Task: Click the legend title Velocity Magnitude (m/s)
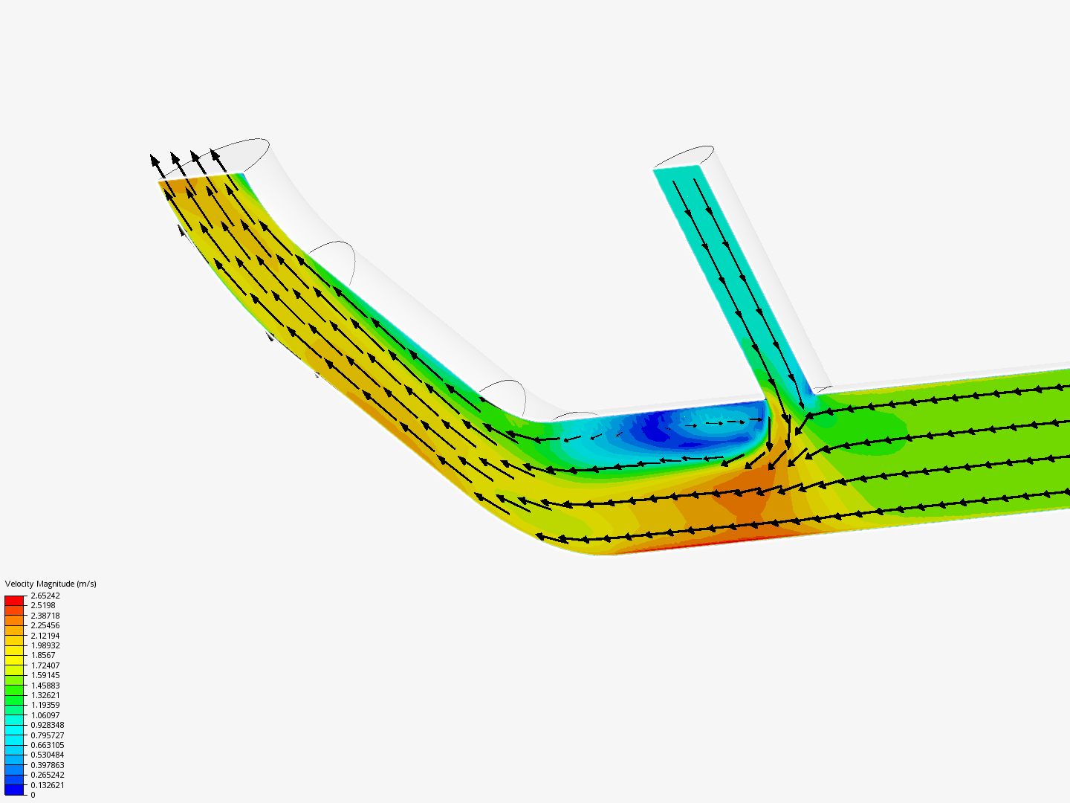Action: [x=51, y=584]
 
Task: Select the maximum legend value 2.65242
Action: [x=45, y=596]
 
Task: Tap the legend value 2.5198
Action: [x=43, y=605]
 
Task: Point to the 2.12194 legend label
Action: [x=45, y=636]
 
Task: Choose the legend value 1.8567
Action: [x=43, y=655]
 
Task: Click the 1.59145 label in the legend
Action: [x=45, y=675]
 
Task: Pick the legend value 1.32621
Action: [x=45, y=695]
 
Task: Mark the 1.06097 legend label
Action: [x=45, y=715]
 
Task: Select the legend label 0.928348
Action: [x=48, y=725]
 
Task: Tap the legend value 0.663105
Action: [x=48, y=745]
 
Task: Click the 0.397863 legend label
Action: [x=48, y=765]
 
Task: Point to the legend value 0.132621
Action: [x=48, y=785]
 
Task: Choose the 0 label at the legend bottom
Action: [x=33, y=795]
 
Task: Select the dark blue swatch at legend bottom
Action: [x=14, y=790]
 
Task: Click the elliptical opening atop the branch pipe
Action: [x=684, y=157]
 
